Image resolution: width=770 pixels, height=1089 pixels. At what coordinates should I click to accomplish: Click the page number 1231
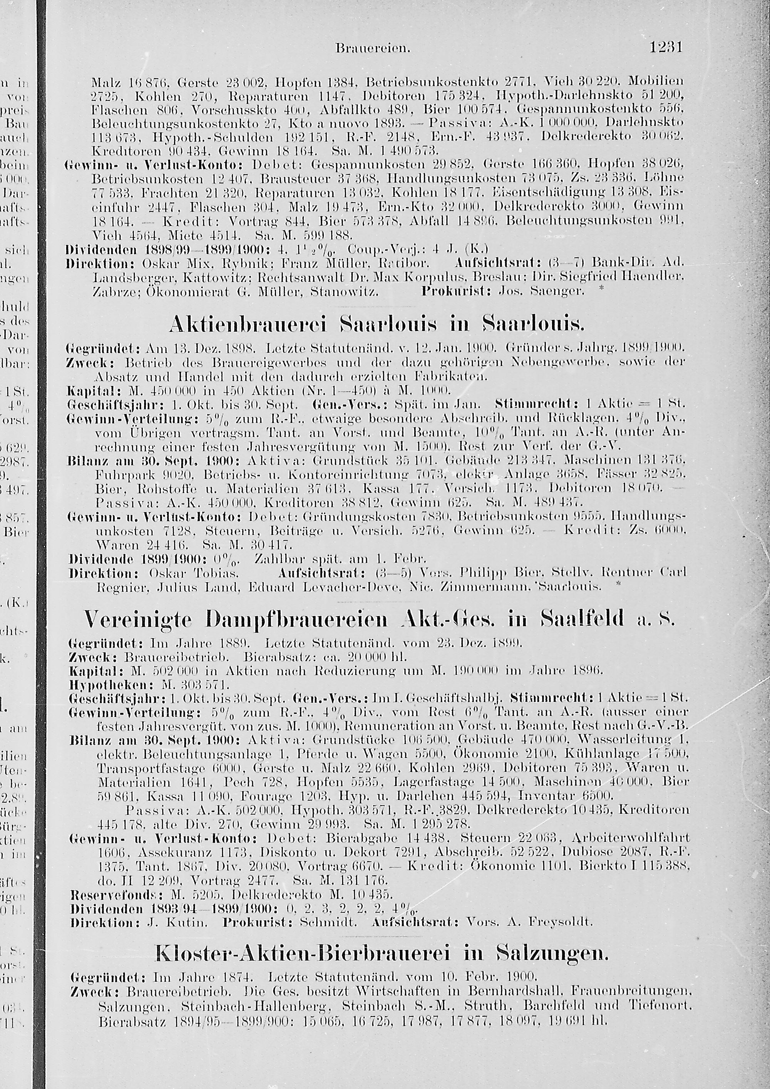pyautogui.click(x=665, y=47)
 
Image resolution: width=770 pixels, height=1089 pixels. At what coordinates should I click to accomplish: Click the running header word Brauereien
pyautogui.click(x=372, y=49)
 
